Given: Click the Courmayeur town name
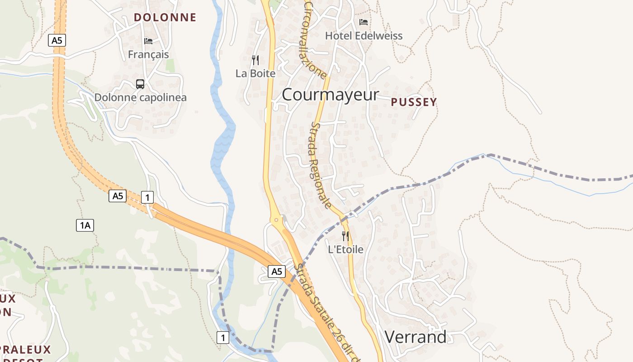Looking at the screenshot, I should (x=331, y=95).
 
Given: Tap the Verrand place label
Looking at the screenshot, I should (x=416, y=337).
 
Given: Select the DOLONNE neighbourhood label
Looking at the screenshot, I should (x=165, y=18).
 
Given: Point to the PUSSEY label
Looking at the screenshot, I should (x=414, y=102).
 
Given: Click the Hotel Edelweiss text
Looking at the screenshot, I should (x=364, y=36).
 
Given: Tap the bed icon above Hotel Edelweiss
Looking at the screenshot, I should (x=364, y=22).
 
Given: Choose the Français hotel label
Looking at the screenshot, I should (x=148, y=54).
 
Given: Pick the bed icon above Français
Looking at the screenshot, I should (x=148, y=41).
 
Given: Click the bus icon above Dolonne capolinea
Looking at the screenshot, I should (x=140, y=84).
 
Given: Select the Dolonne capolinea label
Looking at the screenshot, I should (x=140, y=97).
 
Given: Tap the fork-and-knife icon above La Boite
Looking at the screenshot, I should (x=255, y=60).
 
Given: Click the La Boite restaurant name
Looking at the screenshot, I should (x=255, y=73).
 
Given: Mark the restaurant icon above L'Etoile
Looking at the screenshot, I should (x=345, y=236).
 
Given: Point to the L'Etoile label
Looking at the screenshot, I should (x=345, y=249).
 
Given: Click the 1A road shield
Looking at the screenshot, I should (x=85, y=225).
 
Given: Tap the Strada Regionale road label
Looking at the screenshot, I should (x=321, y=165).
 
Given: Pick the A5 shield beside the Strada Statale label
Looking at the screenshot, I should (x=277, y=271).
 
